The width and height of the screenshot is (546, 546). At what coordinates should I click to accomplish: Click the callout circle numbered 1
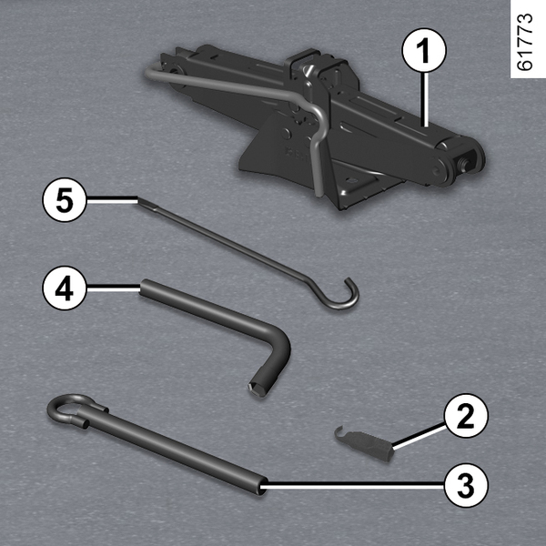(x=424, y=51)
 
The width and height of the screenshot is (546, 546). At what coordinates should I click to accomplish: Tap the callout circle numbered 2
(x=466, y=416)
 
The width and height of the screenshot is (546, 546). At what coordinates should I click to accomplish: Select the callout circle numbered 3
(x=466, y=485)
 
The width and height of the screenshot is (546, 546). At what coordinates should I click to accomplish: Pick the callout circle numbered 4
(x=65, y=288)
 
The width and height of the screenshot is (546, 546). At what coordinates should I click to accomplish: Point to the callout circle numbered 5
(x=65, y=200)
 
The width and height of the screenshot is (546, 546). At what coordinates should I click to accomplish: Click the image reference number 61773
(x=525, y=42)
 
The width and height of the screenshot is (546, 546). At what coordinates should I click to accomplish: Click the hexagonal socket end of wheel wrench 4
(x=257, y=388)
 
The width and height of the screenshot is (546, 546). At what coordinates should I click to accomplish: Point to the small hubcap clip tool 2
(x=364, y=441)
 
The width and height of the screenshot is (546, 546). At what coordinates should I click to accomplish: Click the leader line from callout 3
(x=352, y=484)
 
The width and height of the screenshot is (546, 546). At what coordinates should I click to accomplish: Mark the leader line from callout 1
(x=425, y=99)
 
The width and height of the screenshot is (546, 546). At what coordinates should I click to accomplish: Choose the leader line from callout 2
(x=420, y=436)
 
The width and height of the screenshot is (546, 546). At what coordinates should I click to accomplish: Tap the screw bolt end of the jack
(x=465, y=162)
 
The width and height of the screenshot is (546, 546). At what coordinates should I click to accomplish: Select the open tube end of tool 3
(x=262, y=486)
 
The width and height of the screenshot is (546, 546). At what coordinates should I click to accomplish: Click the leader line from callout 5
(x=112, y=199)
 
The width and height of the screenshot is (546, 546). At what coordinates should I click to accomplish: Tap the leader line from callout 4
(x=114, y=288)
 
